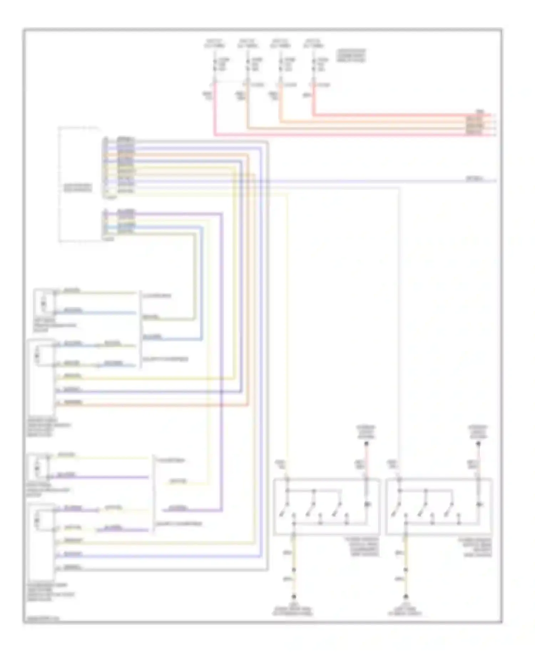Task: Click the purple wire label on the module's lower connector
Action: pyautogui.click(x=126, y=212)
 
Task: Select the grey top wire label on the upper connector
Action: pyautogui.click(x=126, y=139)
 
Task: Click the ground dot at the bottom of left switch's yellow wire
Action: pyautogui.click(x=294, y=596)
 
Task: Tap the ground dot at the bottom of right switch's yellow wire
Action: pyautogui.click(x=406, y=596)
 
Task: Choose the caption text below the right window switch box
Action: pyautogui.click(x=475, y=547)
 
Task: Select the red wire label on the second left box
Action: pyautogui.click(x=73, y=402)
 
